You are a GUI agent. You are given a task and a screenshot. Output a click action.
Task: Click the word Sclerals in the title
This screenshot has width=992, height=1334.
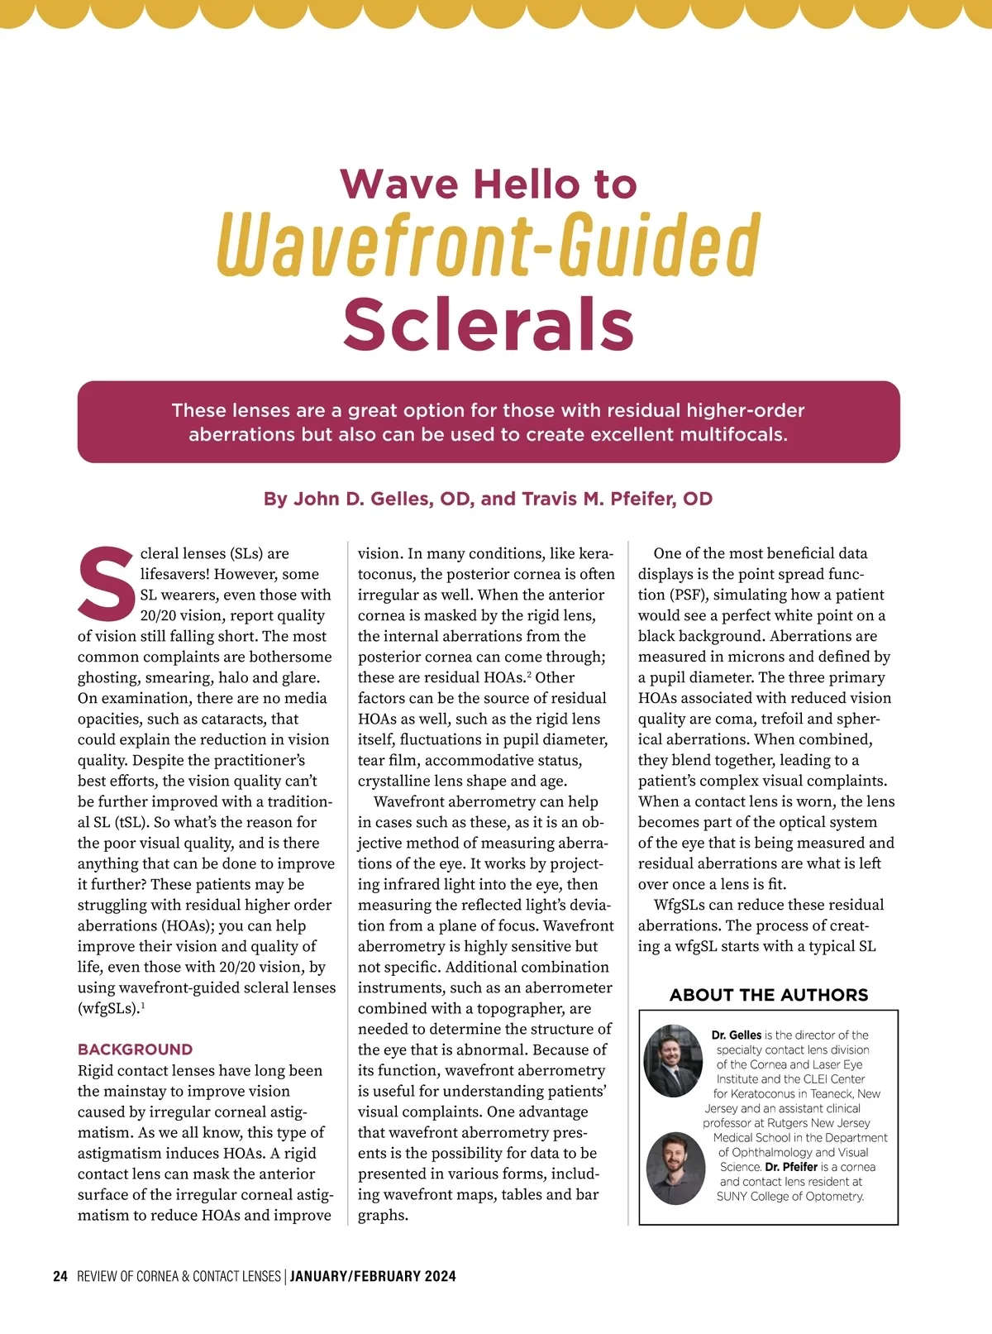(489, 324)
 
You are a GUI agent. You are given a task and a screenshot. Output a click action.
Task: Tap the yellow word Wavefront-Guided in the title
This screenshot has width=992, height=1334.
(489, 244)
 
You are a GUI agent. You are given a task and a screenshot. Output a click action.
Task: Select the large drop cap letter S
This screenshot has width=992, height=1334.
(106, 583)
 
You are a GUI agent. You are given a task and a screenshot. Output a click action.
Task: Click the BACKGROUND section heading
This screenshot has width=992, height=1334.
(135, 1050)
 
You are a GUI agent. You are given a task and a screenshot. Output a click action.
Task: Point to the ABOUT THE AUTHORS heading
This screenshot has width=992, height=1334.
(769, 995)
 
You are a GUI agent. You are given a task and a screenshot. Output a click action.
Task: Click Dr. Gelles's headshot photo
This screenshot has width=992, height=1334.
(674, 1061)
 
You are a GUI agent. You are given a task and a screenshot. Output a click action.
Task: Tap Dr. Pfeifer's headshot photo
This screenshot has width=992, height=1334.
(676, 1168)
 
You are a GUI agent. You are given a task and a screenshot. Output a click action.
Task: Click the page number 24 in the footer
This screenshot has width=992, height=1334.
(60, 1276)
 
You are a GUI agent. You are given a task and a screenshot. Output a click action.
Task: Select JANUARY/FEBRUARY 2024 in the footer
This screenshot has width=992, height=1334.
(373, 1276)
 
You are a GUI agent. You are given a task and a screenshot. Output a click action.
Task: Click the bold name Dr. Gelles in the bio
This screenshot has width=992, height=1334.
(736, 1035)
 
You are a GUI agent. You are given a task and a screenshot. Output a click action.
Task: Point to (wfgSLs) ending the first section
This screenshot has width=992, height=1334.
(108, 1008)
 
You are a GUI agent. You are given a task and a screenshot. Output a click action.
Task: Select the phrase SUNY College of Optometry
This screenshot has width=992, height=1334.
(789, 1196)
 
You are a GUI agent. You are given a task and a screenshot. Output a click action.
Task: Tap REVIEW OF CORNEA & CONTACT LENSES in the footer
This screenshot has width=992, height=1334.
(179, 1276)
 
